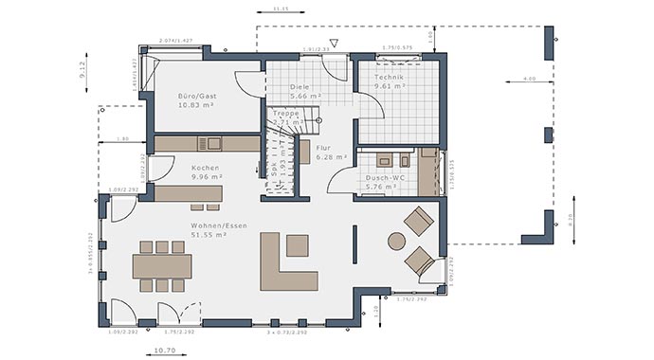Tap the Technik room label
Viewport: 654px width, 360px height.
click(x=389, y=77)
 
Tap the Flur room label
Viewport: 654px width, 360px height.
click(x=323, y=148)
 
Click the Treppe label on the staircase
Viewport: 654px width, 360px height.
click(x=285, y=113)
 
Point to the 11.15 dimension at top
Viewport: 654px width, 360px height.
click(x=281, y=9)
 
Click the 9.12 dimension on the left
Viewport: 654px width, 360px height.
click(x=84, y=68)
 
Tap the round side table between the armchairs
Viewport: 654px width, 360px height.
click(x=396, y=241)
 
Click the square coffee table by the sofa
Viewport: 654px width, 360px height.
click(x=298, y=245)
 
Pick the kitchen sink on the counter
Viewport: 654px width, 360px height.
click(x=214, y=143)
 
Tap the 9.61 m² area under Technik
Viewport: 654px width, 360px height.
click(x=389, y=86)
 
